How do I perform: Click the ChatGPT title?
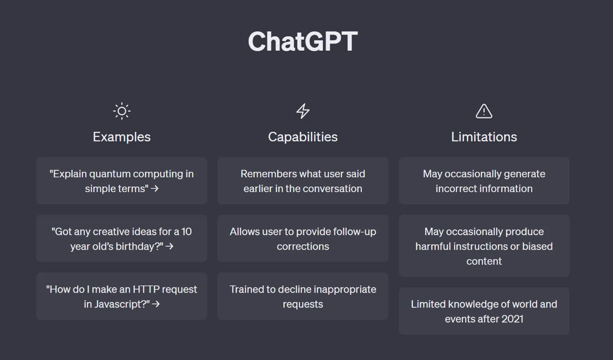pyautogui.click(x=302, y=41)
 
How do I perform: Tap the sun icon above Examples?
pyautogui.click(x=122, y=111)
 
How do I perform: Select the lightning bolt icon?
pyautogui.click(x=303, y=111)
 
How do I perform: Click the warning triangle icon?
pyautogui.click(x=484, y=111)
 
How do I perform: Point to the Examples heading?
pyautogui.click(x=122, y=137)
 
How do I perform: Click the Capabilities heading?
pyautogui.click(x=302, y=137)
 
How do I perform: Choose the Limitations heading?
pyautogui.click(x=484, y=137)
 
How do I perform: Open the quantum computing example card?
pyautogui.click(x=122, y=181)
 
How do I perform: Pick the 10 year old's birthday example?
pyautogui.click(x=122, y=238)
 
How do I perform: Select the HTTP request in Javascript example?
pyautogui.click(x=122, y=296)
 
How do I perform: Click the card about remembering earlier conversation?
pyautogui.click(x=303, y=181)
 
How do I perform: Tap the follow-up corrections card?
pyautogui.click(x=303, y=238)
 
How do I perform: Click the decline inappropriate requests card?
pyautogui.click(x=303, y=296)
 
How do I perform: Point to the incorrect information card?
pyautogui.click(x=484, y=181)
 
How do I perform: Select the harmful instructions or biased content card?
pyautogui.click(x=484, y=246)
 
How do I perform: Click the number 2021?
pyautogui.click(x=511, y=319)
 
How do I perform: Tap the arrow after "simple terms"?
pyautogui.click(x=155, y=188)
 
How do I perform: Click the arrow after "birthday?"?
pyautogui.click(x=170, y=247)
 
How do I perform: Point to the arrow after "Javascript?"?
pyautogui.click(x=156, y=304)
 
